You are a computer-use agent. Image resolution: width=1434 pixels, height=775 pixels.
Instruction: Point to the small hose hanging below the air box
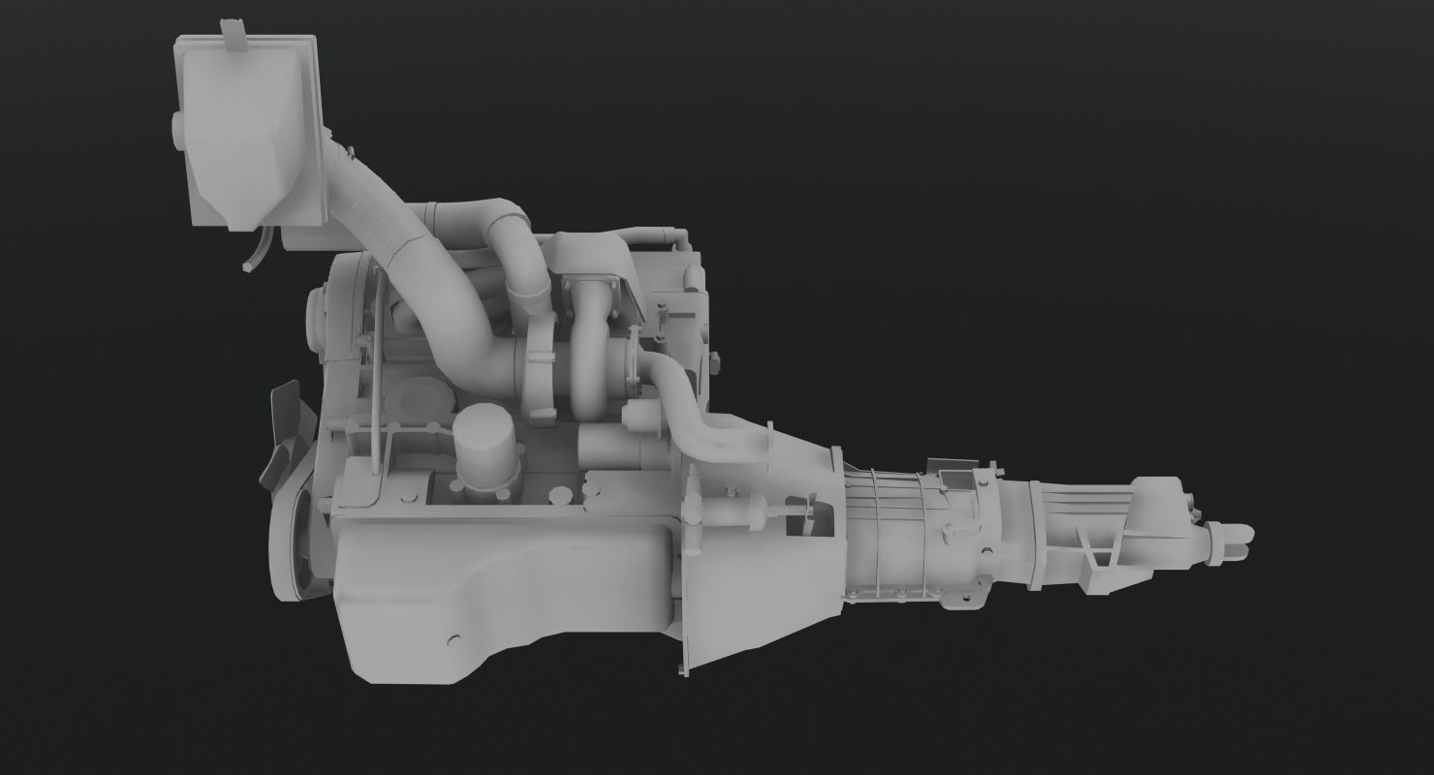(254, 255)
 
